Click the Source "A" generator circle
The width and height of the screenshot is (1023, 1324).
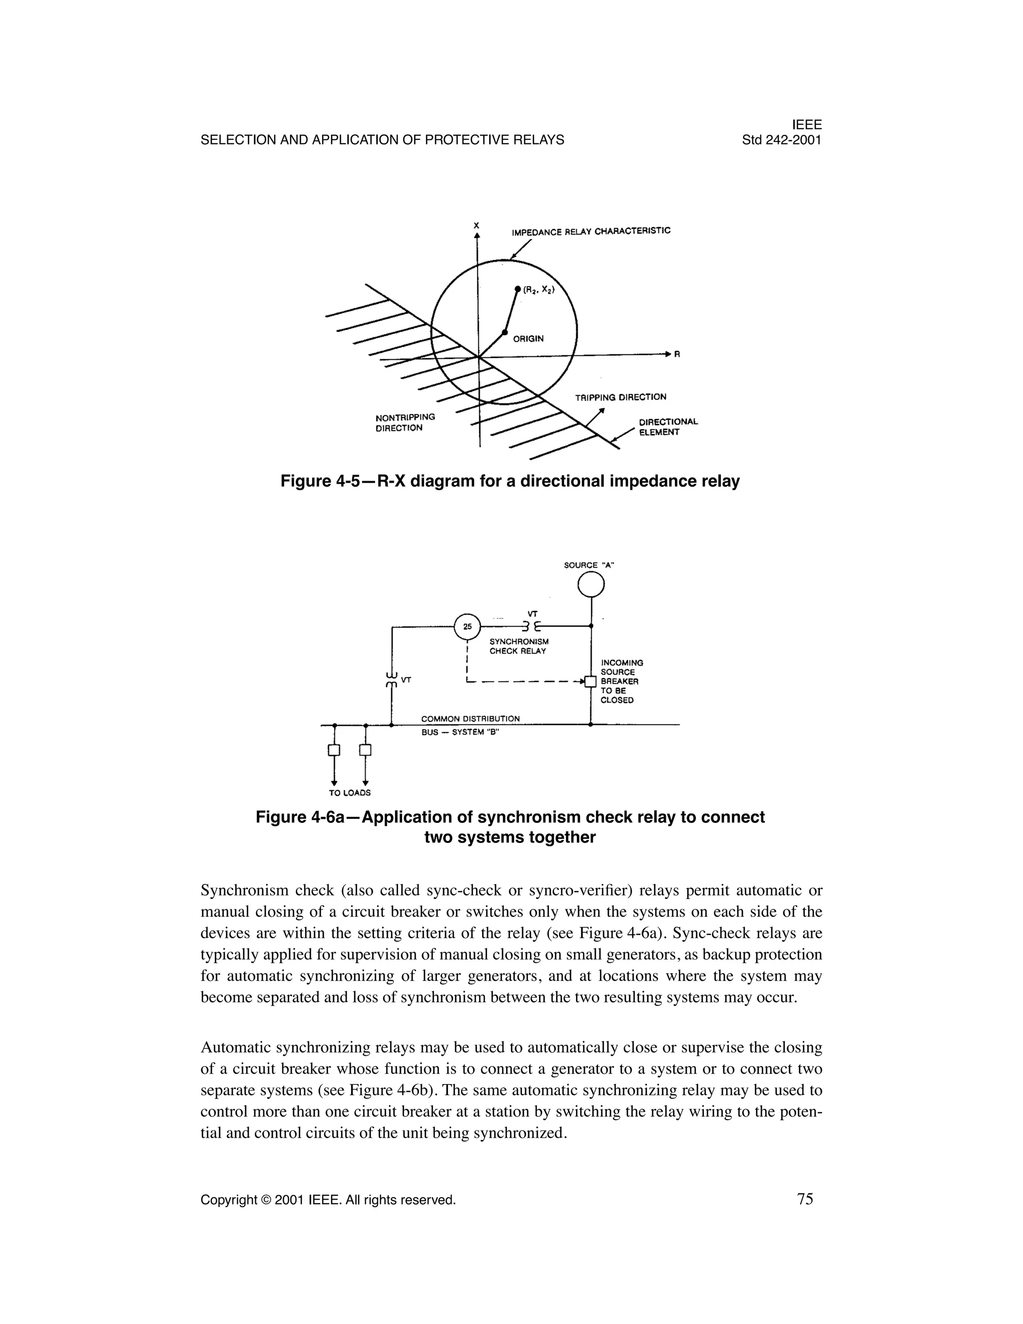coord(591,585)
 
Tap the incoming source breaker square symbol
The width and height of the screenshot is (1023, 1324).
coord(590,682)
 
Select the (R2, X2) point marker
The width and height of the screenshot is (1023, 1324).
coord(517,289)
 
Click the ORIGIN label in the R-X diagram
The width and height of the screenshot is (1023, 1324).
coord(528,339)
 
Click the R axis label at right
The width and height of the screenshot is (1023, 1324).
coord(677,355)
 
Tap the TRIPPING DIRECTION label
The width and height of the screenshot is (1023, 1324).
coord(620,397)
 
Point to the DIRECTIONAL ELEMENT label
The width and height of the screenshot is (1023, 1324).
coord(668,427)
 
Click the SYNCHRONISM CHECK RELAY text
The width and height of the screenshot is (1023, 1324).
coord(519,646)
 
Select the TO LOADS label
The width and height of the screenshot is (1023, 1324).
coord(350,792)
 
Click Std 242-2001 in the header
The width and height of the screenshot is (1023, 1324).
coord(781,140)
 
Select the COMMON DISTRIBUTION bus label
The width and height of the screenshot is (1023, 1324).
coord(470,719)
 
